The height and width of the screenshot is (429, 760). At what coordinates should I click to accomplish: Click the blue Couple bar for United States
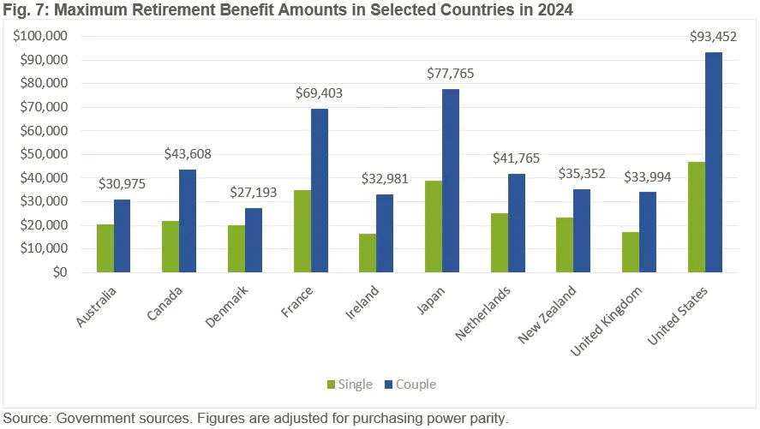[713, 163]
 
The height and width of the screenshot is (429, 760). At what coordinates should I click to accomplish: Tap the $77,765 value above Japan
[451, 74]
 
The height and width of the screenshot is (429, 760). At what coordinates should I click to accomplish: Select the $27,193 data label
[254, 193]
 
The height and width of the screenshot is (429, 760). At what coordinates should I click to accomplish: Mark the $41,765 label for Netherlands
[516, 158]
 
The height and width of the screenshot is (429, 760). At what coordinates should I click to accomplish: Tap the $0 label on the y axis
[58, 273]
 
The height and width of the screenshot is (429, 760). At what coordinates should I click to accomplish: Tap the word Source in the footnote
[26, 419]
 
